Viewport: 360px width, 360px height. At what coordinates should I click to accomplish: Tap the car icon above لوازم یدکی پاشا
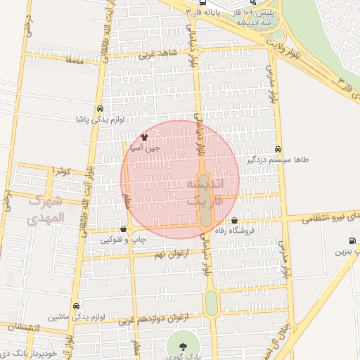pos(101,110)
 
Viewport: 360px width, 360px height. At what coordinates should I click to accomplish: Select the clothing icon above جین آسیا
pos(145,138)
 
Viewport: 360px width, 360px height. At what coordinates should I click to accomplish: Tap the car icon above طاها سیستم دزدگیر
pos(279,150)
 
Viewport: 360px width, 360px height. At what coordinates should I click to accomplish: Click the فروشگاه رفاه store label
pos(244,231)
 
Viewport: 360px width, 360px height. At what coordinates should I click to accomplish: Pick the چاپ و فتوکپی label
pos(124,239)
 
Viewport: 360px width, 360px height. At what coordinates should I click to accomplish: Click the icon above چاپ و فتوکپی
pos(124,229)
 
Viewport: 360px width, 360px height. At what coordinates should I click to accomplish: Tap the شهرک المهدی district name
pos(46,210)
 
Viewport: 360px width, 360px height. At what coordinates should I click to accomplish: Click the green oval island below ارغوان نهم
pos(211,303)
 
